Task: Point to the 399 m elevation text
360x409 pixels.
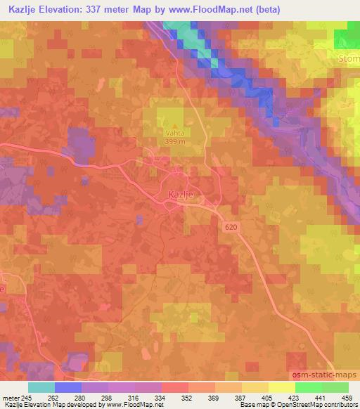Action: [174, 141]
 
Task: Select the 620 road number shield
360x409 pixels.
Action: [233, 226]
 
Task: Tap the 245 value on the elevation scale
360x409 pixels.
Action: [25, 397]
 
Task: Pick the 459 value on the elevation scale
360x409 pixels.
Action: [347, 397]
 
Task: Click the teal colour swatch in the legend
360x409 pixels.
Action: [41, 387]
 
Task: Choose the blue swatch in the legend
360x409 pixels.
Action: [68, 387]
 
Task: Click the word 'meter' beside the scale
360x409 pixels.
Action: [9, 397]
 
